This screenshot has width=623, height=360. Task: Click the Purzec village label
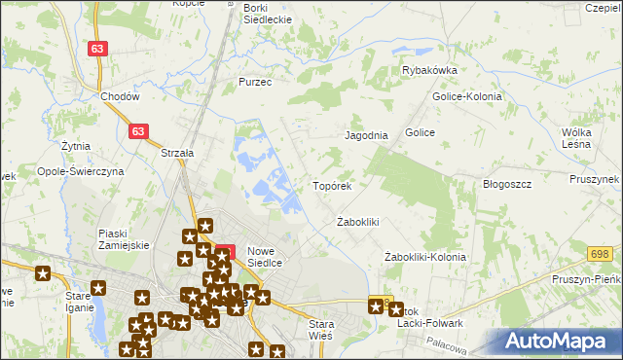coord(255,83)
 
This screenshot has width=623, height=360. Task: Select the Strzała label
coord(177,153)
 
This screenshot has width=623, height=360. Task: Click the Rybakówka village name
coord(429,70)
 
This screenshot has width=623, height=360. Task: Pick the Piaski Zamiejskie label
coord(124,239)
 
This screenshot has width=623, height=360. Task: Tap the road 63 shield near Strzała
coord(141,128)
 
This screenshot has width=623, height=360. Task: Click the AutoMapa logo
coord(559,341)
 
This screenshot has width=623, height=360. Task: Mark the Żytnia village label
coord(75,146)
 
